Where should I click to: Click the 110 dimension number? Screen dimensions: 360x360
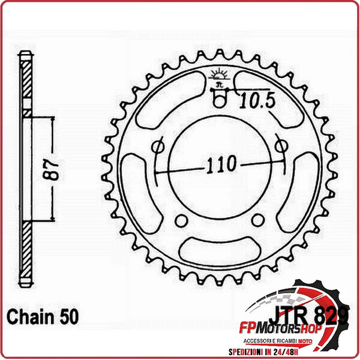click(x=217, y=163)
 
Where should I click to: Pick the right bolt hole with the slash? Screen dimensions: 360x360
click(x=279, y=146)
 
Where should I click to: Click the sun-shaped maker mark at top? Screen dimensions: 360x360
click(x=218, y=76)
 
